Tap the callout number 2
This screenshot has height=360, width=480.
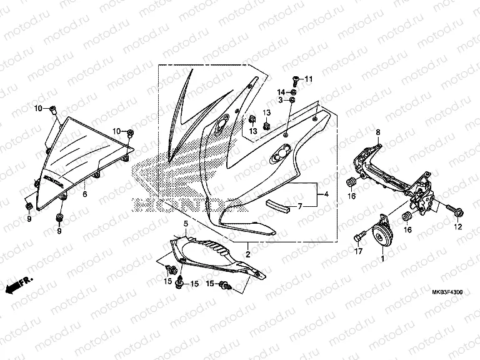click(248, 254)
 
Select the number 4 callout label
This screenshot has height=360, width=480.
click(326, 194)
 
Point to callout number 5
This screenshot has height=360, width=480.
click(185, 223)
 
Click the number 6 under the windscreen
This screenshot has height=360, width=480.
click(85, 194)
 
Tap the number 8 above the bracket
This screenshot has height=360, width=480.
click(377, 132)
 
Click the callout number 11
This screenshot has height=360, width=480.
click(307, 78)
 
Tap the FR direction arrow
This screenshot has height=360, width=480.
click(17, 287)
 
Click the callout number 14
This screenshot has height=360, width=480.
click(281, 92)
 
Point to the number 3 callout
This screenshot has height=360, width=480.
click(281, 101)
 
